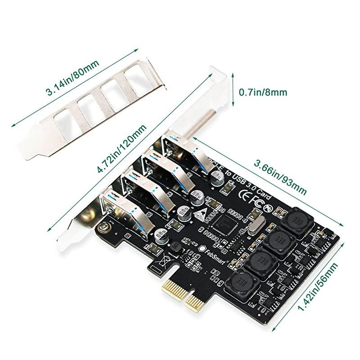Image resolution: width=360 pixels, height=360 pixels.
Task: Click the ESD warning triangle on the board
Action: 201,214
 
